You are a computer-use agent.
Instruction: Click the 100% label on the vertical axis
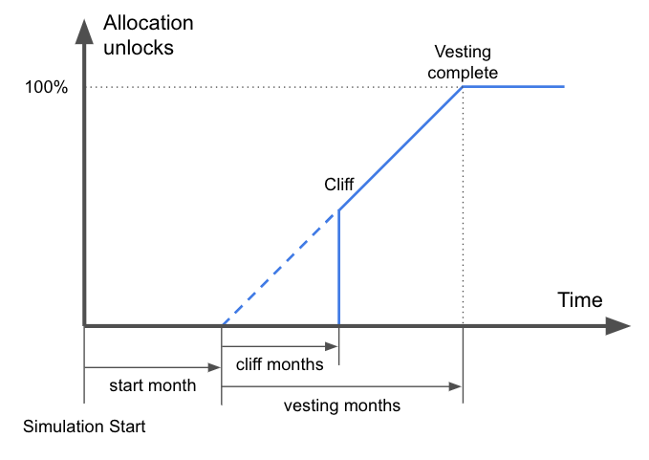point(46,87)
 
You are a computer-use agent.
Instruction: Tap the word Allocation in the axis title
point(148,23)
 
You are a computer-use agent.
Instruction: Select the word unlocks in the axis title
point(139,47)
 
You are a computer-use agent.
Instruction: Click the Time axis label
point(580,299)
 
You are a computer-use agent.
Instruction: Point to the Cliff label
point(339,185)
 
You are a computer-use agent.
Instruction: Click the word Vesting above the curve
point(463,53)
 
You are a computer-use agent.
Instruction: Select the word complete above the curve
point(463,73)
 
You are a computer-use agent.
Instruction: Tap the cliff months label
point(280,364)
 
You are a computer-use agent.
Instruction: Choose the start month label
point(152,385)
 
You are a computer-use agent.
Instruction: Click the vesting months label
point(342,405)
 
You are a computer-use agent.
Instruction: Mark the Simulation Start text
point(84,427)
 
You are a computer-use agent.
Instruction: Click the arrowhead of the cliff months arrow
point(332,346)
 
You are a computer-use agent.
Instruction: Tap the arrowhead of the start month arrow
point(214,367)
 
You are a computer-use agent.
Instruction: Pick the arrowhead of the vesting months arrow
point(455,386)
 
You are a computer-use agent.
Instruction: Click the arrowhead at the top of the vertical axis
point(84,32)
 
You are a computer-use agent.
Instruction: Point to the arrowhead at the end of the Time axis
point(618,326)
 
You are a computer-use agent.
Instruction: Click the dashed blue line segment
point(281,269)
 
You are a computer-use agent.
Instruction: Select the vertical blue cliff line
point(339,268)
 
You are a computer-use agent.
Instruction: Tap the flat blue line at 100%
point(513,86)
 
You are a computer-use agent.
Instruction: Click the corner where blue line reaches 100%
point(463,86)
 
